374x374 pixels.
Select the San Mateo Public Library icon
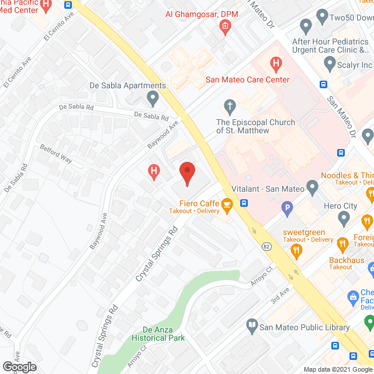[252, 325]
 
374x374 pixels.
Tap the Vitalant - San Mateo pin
[312, 188]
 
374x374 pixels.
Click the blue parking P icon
[287, 206]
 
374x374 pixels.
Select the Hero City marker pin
[344, 218]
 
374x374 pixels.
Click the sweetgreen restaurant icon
[296, 251]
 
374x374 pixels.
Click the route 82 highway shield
[265, 247]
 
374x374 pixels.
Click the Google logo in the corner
[19, 366]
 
